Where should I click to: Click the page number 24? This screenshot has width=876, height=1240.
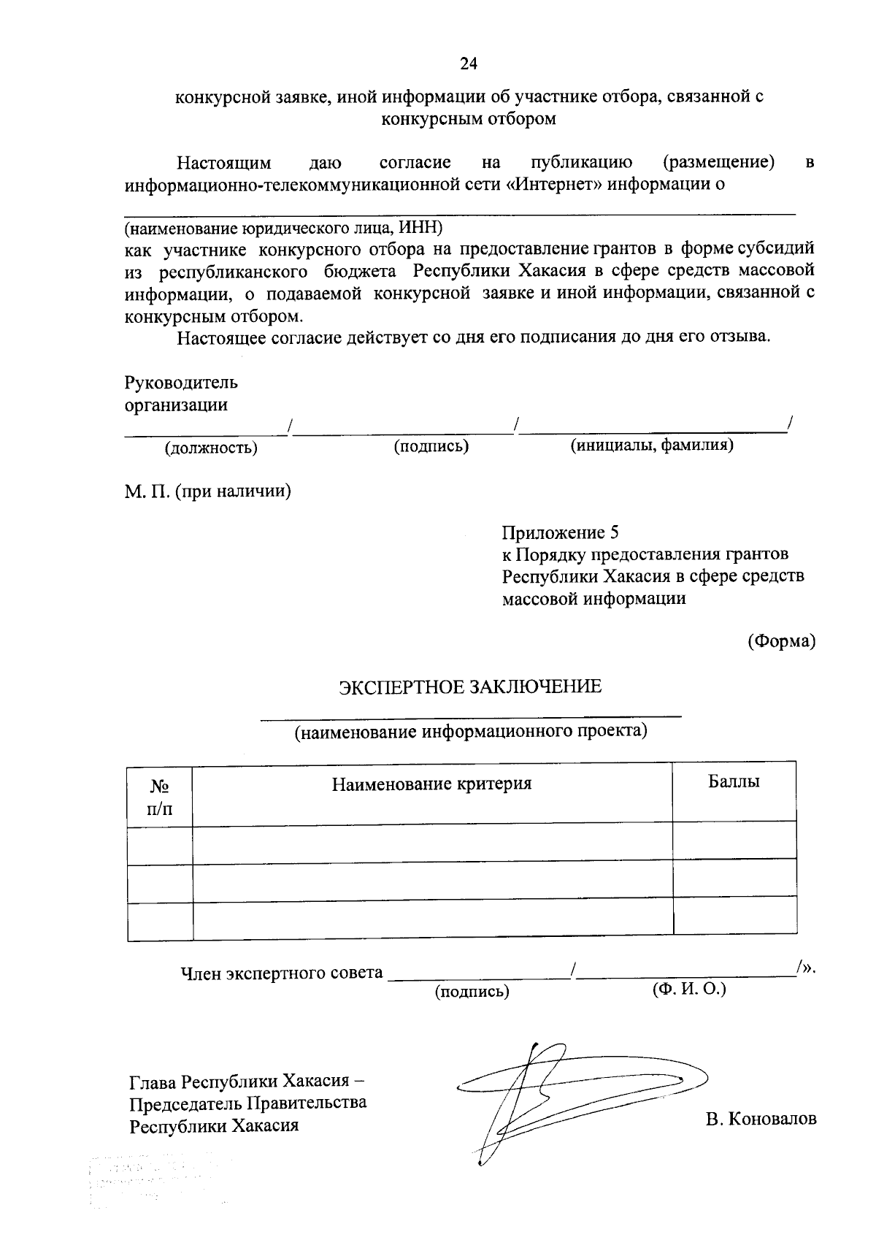[x=468, y=64]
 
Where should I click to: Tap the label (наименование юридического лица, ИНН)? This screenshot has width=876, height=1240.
[x=283, y=227]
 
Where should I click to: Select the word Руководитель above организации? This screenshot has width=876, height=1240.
[x=181, y=383]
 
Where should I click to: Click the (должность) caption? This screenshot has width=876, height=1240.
[x=211, y=448]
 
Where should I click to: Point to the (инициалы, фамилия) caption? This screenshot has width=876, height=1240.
[x=651, y=445]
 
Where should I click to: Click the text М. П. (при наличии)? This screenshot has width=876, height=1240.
[x=207, y=491]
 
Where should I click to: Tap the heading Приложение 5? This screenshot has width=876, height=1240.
[x=561, y=532]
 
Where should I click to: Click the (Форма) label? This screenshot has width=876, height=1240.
[x=780, y=641]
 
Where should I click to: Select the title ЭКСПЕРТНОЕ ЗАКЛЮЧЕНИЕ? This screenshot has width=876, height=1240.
[x=469, y=686]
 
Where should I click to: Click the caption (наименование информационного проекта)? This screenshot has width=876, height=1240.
[x=471, y=731]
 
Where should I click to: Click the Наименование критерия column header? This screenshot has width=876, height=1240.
[x=431, y=784]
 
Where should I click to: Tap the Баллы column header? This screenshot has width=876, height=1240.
[x=734, y=781]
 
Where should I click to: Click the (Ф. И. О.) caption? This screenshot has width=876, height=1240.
[x=688, y=989]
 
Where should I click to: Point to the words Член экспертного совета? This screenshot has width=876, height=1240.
[x=281, y=973]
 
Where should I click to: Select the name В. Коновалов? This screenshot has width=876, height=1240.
[x=761, y=1119]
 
